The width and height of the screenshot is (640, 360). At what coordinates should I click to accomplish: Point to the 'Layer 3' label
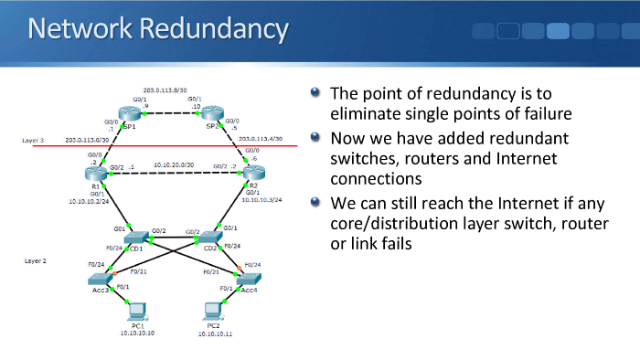[34, 140]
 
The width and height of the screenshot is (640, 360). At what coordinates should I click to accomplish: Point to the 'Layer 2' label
[36, 260]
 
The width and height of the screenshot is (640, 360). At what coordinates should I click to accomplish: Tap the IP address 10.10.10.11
[215, 334]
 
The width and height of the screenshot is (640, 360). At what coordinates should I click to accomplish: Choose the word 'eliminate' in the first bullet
[364, 114]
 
